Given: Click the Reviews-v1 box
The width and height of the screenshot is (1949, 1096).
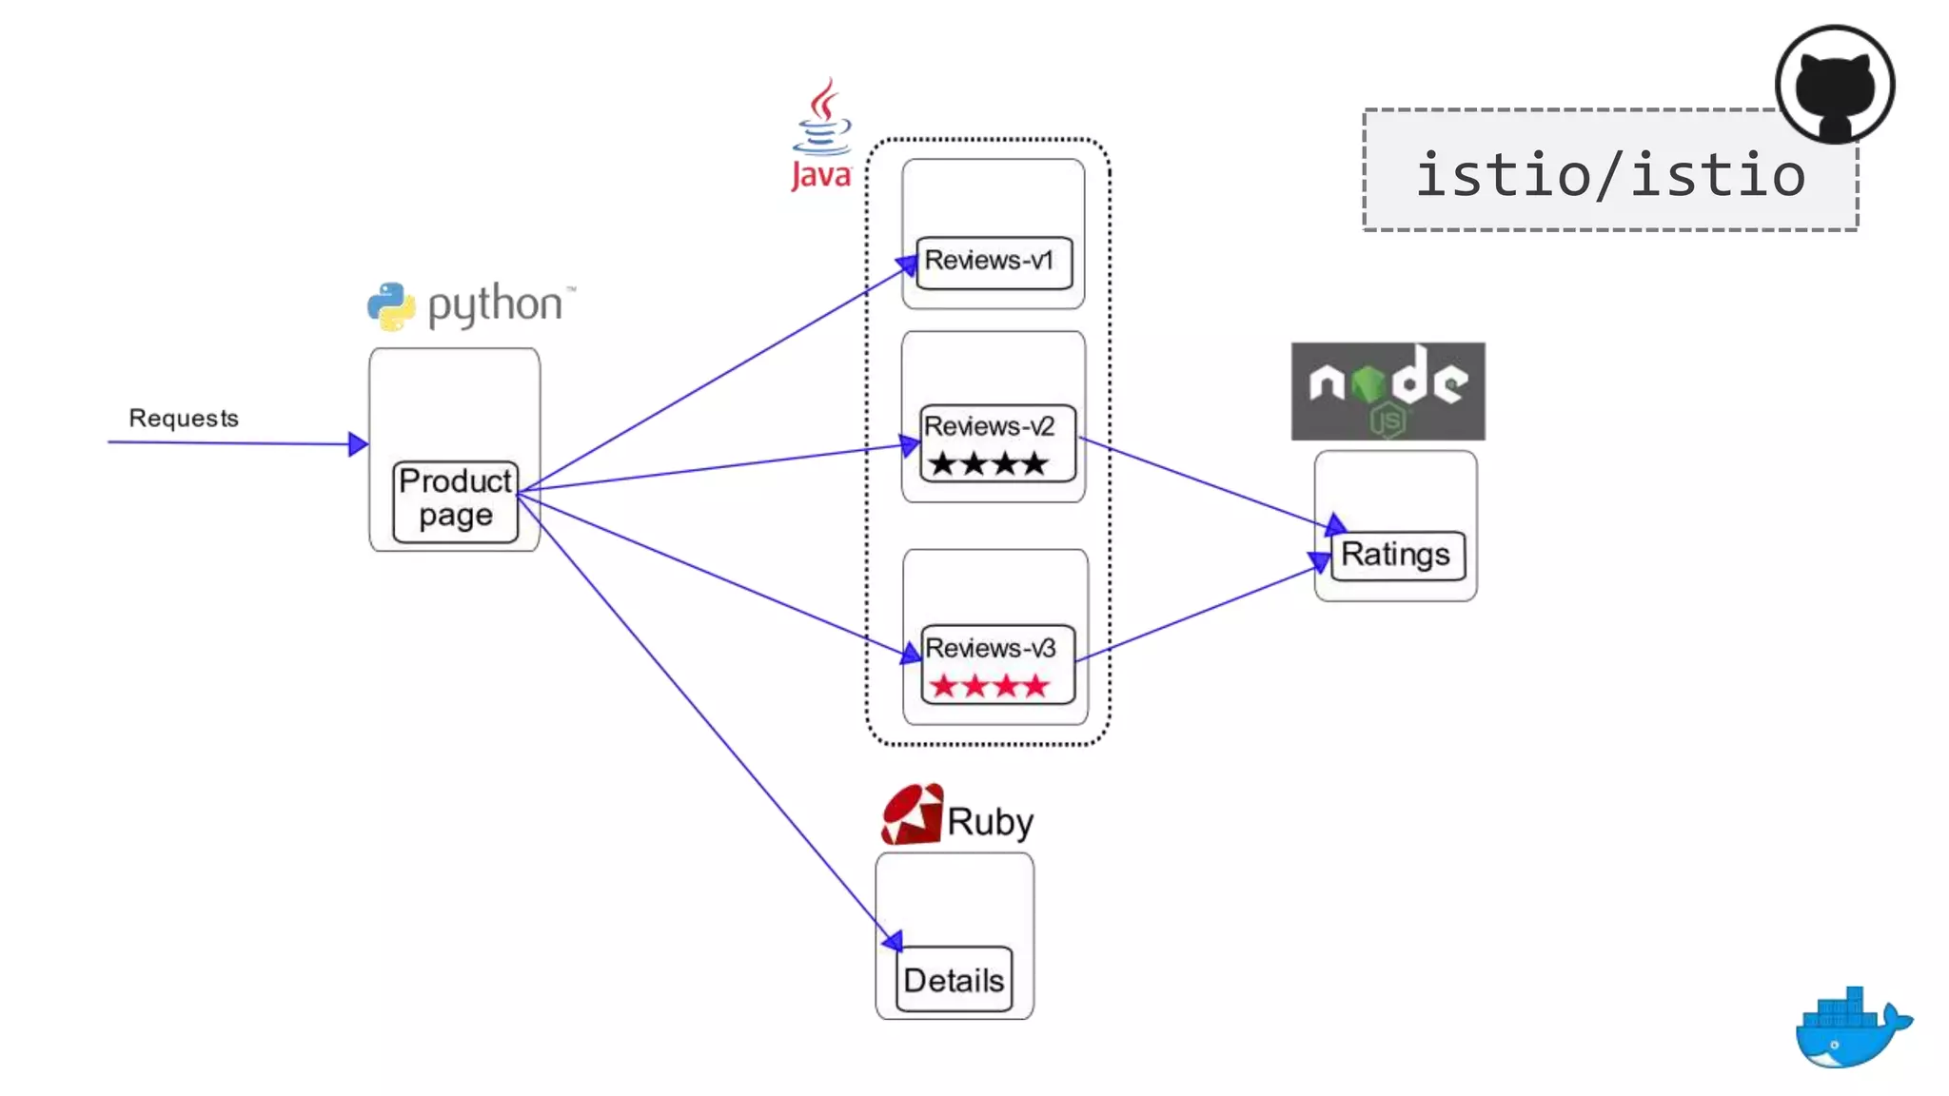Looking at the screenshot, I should (994, 262).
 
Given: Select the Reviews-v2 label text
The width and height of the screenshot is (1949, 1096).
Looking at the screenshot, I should (989, 426).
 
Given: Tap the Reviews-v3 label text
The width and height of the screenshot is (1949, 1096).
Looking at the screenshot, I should (990, 648).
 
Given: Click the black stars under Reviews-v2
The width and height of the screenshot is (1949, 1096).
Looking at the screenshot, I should (989, 464).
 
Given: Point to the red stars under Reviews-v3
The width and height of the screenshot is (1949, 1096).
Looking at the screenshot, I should (989, 686).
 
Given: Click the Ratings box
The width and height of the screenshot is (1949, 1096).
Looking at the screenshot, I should (1396, 555).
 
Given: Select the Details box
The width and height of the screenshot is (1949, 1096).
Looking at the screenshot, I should (954, 980).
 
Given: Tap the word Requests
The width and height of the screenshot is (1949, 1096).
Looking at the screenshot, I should (184, 419).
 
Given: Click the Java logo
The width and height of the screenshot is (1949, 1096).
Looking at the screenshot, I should (821, 135).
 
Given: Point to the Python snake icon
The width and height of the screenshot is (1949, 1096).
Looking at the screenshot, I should (391, 306).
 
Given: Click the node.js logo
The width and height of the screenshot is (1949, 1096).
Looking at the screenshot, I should (1388, 391).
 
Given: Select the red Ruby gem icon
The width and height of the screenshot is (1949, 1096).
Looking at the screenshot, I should (912, 815).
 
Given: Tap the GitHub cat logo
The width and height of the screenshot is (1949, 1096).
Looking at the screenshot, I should (1834, 86).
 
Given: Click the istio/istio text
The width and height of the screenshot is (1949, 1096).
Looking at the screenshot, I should (1610, 175).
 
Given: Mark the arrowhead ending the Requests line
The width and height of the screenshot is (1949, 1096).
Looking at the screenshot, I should (358, 443).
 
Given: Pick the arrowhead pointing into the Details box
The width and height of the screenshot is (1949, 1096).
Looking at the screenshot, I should (892, 941).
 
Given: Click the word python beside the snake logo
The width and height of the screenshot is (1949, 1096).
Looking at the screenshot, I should (495, 304).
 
